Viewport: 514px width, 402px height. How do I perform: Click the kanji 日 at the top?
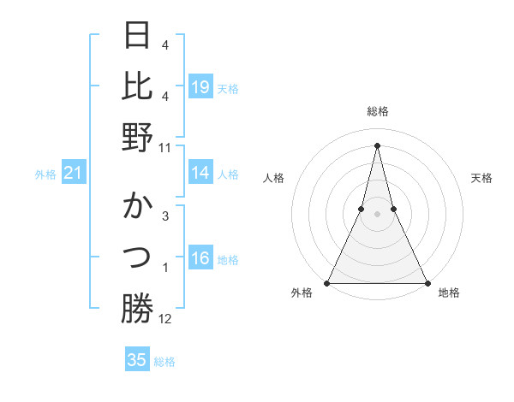[x=138, y=37]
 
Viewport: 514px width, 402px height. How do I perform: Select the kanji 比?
[x=138, y=86]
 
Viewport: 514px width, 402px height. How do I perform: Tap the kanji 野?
[x=138, y=137]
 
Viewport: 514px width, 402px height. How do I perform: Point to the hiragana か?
[x=138, y=208]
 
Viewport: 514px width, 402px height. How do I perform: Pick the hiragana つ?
[x=138, y=257]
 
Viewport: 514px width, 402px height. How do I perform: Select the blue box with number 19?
[x=200, y=87]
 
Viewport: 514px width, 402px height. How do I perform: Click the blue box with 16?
[x=200, y=259]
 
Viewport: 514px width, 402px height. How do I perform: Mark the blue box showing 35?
[x=137, y=360]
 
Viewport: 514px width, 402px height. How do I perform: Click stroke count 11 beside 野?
[x=165, y=147]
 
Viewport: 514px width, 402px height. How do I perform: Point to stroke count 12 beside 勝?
[x=165, y=319]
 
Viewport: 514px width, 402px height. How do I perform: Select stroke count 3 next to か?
[x=165, y=216]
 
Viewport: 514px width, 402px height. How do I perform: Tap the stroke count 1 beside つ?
[x=165, y=269]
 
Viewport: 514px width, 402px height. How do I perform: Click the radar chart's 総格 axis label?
[x=377, y=111]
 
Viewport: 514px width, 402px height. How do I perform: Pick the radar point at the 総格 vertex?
[x=377, y=145]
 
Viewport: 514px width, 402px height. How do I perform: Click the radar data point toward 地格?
[x=427, y=282]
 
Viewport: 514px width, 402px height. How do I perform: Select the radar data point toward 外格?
[x=327, y=282]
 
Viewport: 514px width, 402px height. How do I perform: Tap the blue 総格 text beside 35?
[x=164, y=362]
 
